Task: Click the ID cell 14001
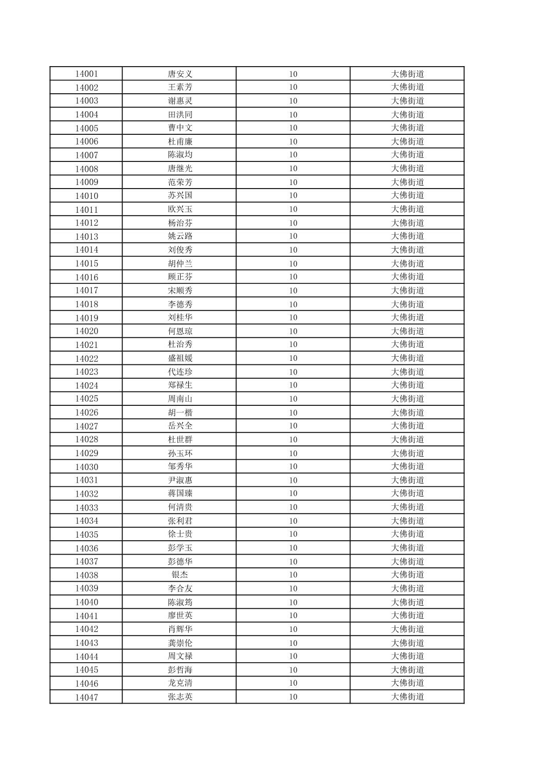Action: click(x=86, y=74)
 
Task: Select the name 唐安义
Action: click(x=180, y=74)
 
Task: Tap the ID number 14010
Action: click(x=86, y=196)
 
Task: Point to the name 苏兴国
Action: click(x=180, y=195)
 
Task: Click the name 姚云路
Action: click(x=180, y=236)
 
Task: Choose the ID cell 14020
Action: click(x=86, y=331)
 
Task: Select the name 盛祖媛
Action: click(x=180, y=358)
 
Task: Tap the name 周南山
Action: click(x=180, y=399)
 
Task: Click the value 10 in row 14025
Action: click(x=293, y=399)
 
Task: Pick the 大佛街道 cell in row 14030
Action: click(x=407, y=466)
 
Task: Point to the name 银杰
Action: click(x=180, y=575)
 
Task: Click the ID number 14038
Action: click(x=86, y=575)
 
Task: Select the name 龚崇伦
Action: click(x=180, y=643)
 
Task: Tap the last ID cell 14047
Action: click(x=86, y=697)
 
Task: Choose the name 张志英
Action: click(x=180, y=696)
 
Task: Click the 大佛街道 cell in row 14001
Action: click(x=407, y=74)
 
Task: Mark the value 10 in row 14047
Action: click(x=293, y=696)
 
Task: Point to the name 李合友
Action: click(x=180, y=588)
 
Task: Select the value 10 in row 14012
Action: click(x=293, y=223)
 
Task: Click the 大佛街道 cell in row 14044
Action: click(x=407, y=656)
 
